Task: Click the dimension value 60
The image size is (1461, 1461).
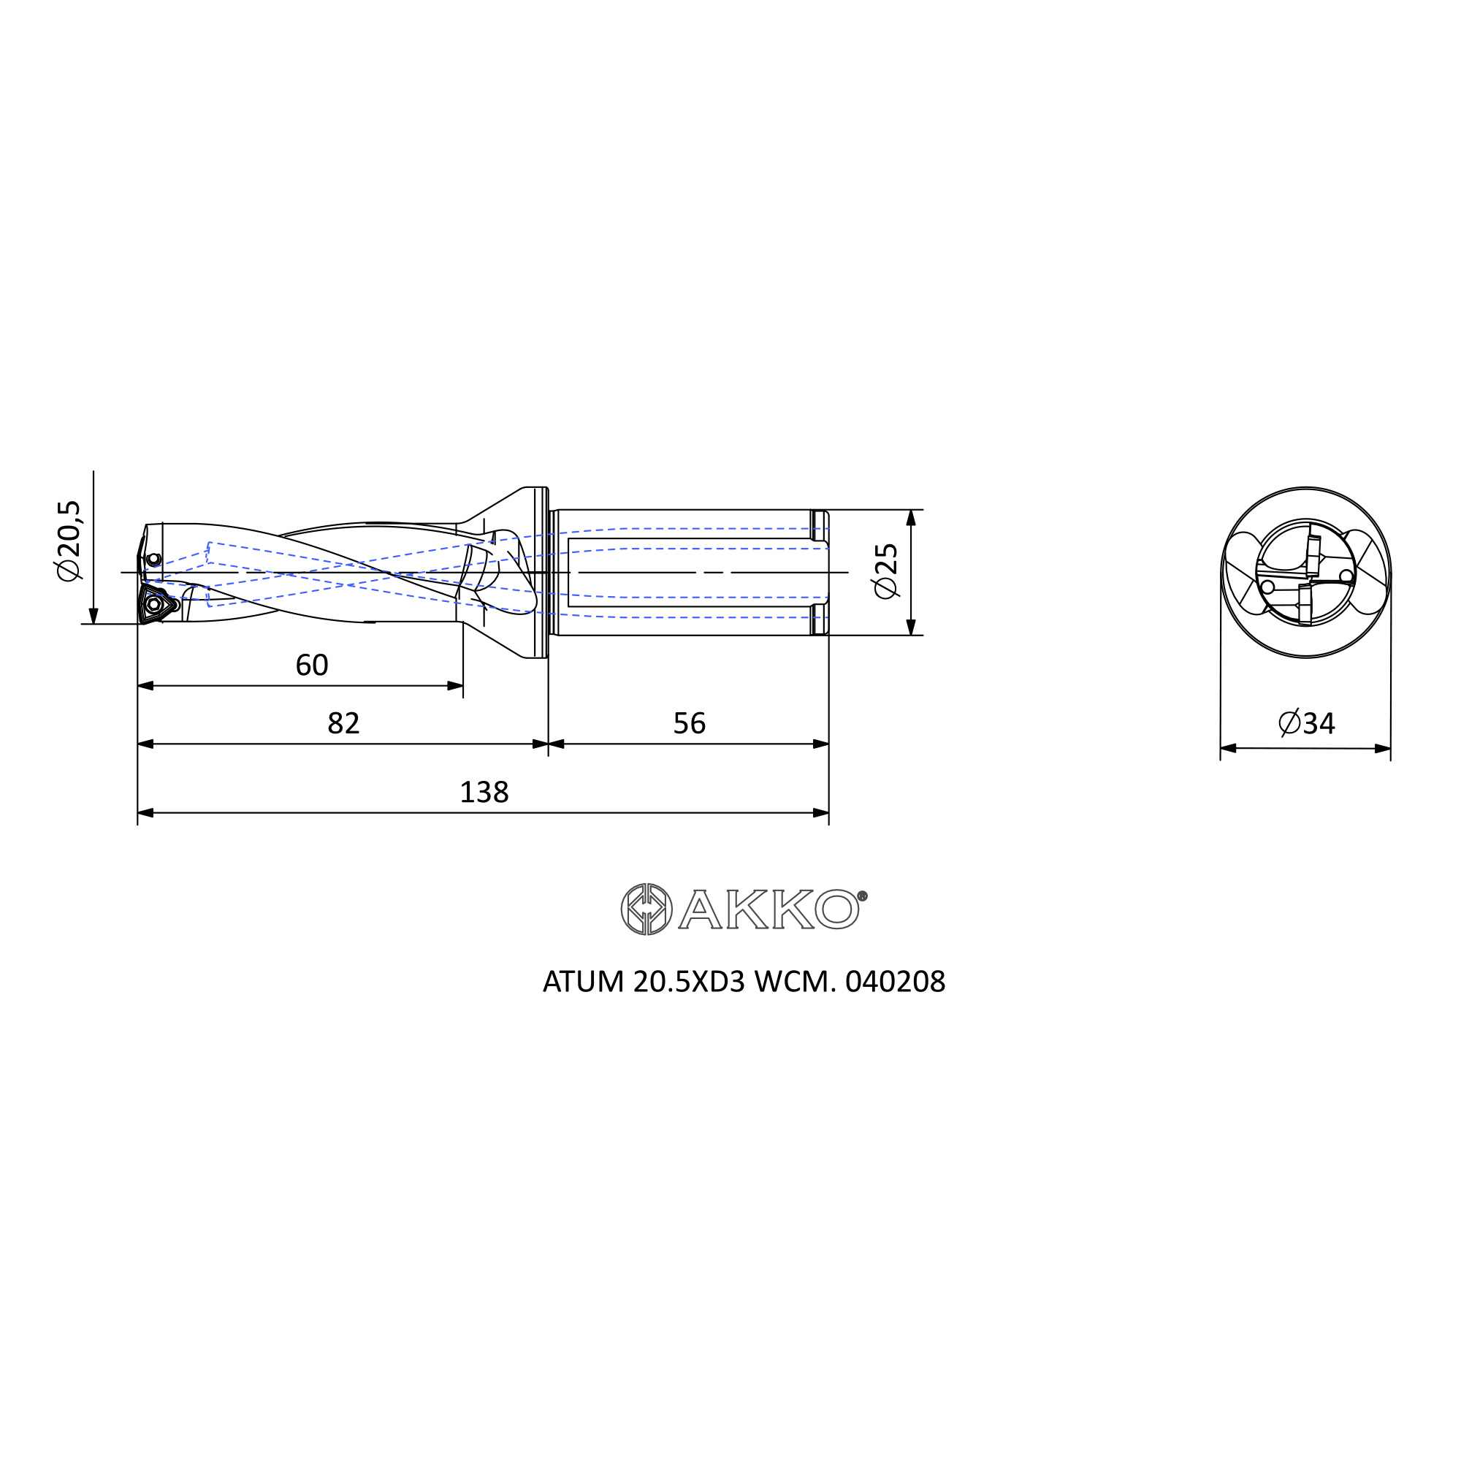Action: pos(312,665)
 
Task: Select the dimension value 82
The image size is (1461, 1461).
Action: pos(343,724)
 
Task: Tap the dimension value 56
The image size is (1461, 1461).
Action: pos(689,724)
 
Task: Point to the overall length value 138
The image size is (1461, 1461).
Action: pos(484,793)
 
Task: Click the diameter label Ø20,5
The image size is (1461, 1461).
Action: pos(68,541)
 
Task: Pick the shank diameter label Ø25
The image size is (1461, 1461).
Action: pos(885,571)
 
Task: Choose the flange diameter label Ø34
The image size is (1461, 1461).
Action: pos(1307,724)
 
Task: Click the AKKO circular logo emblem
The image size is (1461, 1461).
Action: pos(646,909)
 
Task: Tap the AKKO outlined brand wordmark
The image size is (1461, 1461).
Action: pos(772,908)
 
